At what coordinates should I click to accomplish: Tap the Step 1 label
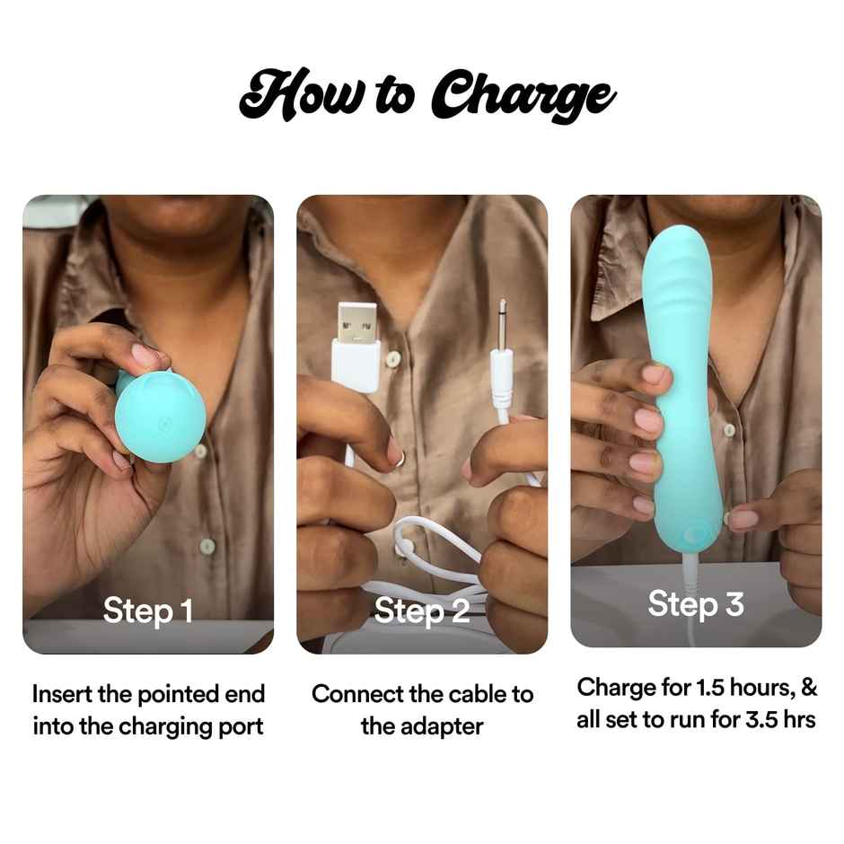click(x=148, y=611)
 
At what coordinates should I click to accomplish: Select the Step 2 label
click(x=422, y=611)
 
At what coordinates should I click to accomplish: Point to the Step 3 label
click(x=696, y=604)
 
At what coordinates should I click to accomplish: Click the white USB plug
click(x=356, y=346)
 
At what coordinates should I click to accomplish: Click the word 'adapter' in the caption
click(x=421, y=725)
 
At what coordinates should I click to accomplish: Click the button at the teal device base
click(x=693, y=535)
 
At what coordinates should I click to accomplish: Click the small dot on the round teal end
click(x=162, y=422)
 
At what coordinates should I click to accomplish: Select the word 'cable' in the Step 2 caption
click(x=460, y=694)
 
